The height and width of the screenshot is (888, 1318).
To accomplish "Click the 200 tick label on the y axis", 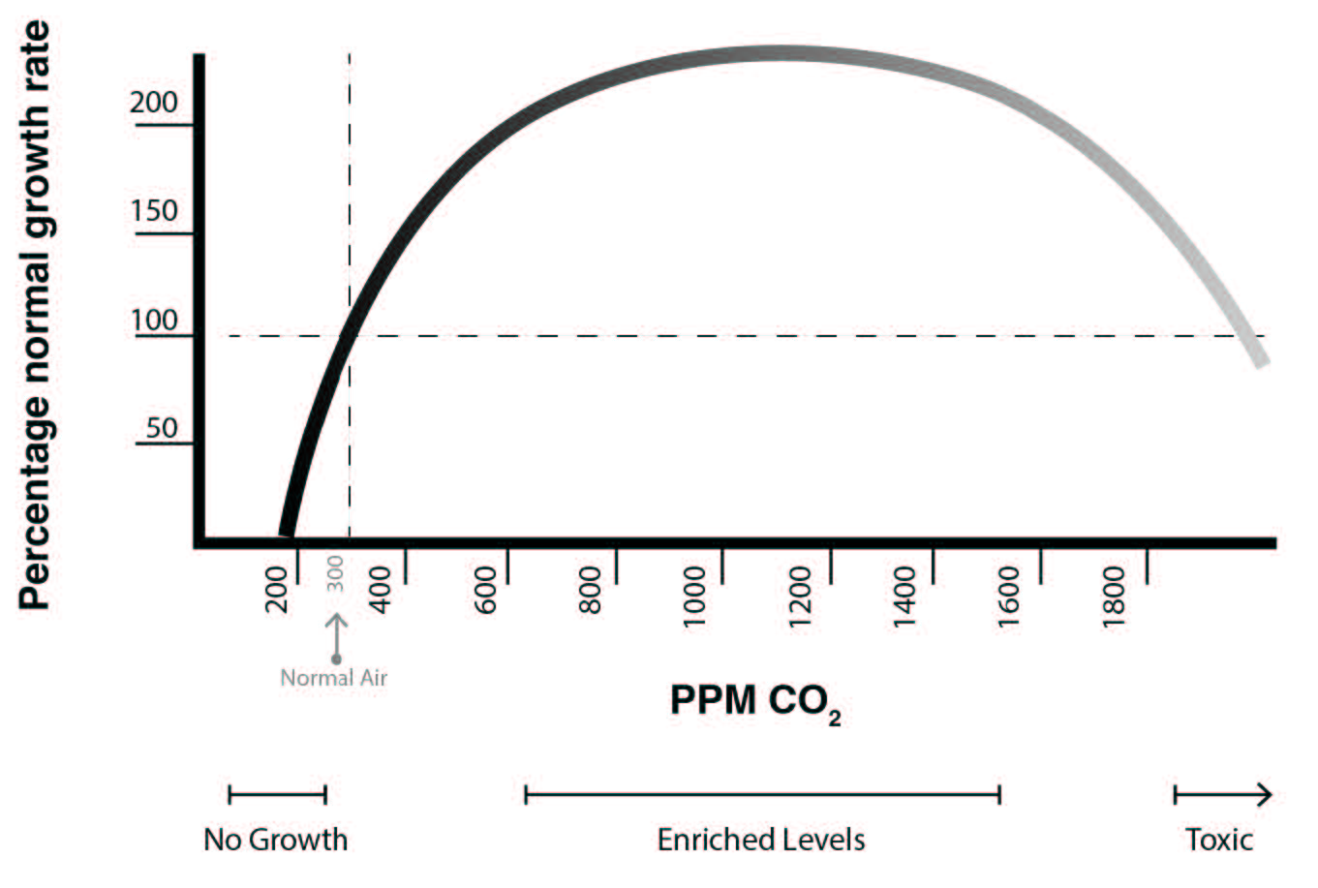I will click(154, 103).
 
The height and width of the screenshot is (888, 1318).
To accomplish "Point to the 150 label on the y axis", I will click(154, 211).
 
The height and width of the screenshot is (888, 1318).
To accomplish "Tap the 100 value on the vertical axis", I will click(155, 321).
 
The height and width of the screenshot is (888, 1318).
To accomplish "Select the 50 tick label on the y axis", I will click(162, 428).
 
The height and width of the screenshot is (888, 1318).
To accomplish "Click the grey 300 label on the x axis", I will click(335, 574).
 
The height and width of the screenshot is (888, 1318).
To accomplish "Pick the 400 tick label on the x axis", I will click(382, 589).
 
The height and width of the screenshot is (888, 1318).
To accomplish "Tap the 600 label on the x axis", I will click(486, 589).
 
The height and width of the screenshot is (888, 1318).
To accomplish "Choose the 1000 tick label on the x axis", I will click(694, 596).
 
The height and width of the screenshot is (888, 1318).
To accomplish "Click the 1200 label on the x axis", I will click(800, 596).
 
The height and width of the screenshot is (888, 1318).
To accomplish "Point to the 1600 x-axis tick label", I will click(1010, 596).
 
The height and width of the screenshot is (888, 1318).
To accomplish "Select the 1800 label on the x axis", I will click(1116, 596).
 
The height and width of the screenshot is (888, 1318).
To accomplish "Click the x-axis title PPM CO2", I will click(754, 701).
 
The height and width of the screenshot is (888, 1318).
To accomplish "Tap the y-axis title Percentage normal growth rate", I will click(35, 316).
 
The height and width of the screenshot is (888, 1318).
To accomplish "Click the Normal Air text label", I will click(333, 678).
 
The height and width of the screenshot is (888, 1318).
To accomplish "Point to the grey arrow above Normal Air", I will click(336, 634).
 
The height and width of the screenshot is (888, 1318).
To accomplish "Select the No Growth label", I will click(275, 839).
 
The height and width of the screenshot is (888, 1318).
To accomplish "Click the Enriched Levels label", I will click(761, 839).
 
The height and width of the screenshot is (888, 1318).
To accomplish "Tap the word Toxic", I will click(1219, 839).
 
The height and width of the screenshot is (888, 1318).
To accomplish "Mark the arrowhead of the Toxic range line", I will click(1263, 795).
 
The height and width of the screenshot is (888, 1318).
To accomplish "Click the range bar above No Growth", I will click(277, 795).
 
